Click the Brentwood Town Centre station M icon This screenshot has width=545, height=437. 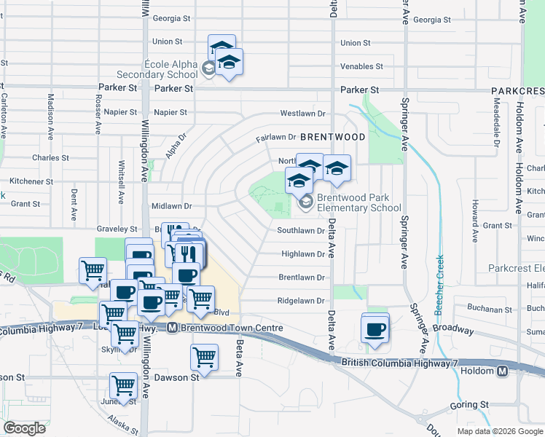173,328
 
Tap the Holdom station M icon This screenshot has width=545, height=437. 503,371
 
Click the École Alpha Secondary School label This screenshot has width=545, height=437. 161,68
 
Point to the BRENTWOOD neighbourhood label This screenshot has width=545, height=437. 332,137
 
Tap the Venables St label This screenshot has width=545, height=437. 361,66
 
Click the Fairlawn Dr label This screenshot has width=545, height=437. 275,138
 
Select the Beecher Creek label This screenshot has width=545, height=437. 439,285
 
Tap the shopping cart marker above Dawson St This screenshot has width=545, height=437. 205,358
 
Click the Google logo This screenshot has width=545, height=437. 24,428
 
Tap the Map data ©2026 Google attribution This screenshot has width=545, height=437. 500,431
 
